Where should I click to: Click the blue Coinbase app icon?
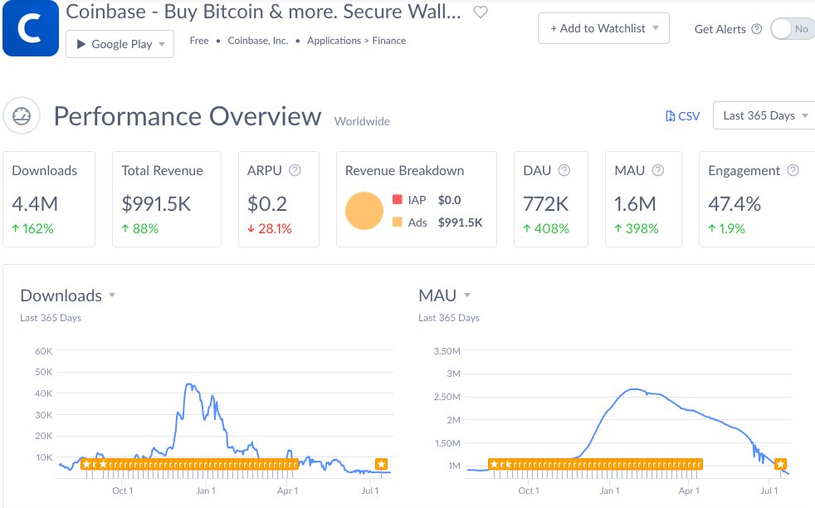[x=30, y=28]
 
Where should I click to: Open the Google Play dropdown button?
[x=120, y=44]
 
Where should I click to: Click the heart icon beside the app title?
[x=480, y=12]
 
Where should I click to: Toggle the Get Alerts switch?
[x=792, y=29]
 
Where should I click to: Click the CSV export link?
[x=683, y=116]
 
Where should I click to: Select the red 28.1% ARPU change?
[x=270, y=228]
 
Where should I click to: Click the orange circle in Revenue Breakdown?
[x=364, y=211]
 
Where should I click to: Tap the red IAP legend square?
[x=397, y=200]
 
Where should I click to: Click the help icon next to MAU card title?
[x=658, y=170]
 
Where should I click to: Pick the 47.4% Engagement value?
[x=734, y=203]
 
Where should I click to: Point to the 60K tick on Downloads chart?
[x=43, y=351]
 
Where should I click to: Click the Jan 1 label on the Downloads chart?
[x=206, y=491]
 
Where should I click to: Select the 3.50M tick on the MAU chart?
[x=447, y=351]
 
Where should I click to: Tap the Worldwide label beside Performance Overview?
[x=362, y=121]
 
